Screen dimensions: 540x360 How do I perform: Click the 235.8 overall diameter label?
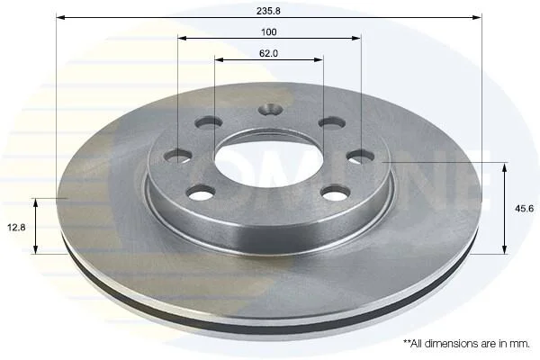click(x=268, y=11)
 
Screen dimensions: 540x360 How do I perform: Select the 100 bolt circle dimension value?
click(x=268, y=32)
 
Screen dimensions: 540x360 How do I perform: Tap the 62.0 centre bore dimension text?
click(x=268, y=53)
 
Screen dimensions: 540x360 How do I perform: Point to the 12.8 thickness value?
click(x=16, y=228)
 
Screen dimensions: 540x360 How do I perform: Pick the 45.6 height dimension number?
click(x=524, y=209)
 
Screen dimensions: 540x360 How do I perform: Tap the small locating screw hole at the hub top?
click(x=270, y=110)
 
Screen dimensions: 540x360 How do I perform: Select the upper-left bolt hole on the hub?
click(x=209, y=122)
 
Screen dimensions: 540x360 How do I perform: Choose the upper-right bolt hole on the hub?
click(x=332, y=122)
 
